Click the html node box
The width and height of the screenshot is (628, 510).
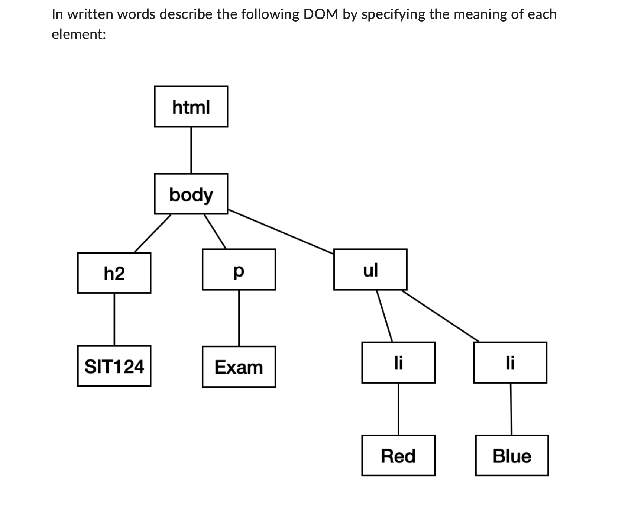pos(191,107)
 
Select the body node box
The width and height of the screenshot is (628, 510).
pos(191,194)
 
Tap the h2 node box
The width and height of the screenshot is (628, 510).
pos(114,273)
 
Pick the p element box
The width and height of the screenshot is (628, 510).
pos(239,269)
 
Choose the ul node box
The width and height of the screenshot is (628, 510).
pos(370,269)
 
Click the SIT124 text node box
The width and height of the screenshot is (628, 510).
pos(114,366)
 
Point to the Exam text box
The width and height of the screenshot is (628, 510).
pos(239,367)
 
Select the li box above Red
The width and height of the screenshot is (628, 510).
pos(398,362)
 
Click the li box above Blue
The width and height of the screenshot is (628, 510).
pos(510,362)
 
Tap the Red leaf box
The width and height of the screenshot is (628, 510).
pos(398,455)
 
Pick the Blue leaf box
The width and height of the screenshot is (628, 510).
pos(512,455)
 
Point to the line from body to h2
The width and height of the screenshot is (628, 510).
pos(153,233)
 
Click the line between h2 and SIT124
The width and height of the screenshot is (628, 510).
pos(114,319)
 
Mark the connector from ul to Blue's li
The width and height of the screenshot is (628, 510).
pos(440,316)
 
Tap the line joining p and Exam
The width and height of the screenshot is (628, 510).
pos(239,318)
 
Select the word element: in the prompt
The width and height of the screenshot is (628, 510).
pos(79,34)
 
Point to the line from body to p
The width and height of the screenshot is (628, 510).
pos(215,231)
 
